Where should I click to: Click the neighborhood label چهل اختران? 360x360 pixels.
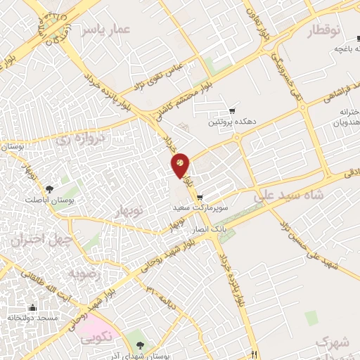coord(37,240)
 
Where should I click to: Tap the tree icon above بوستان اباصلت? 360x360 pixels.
coord(49,189)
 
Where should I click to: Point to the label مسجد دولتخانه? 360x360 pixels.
coord(32,318)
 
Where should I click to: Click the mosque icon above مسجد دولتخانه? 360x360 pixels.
coord(32,307)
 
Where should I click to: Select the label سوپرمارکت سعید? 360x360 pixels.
coord(201,208)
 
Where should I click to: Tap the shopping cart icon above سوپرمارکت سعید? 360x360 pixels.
coord(200,198)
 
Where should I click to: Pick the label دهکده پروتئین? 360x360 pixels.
coord(233,122)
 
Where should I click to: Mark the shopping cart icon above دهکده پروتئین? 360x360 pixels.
coord(233,111)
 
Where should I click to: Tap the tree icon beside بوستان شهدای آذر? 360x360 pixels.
coord(141,345)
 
